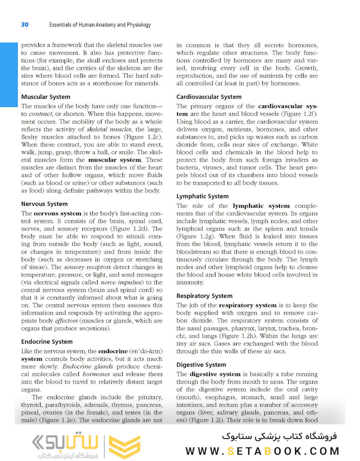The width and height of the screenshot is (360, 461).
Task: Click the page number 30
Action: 25,25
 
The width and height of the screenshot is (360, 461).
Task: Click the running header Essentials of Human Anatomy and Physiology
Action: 100,25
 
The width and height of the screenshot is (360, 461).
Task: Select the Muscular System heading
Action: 46,97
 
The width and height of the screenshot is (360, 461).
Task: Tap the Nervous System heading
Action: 44,204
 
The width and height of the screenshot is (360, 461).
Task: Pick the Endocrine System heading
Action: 47,341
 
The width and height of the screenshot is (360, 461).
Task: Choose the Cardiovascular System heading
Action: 209,97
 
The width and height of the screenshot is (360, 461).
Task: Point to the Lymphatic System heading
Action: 203,196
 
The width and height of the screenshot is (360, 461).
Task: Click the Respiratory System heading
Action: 204,296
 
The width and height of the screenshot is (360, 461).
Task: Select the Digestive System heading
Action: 201,365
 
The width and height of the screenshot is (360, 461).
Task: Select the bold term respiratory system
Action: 247,305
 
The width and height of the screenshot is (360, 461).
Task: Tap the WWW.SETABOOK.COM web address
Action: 262,451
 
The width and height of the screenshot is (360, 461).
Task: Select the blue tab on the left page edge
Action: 7,75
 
